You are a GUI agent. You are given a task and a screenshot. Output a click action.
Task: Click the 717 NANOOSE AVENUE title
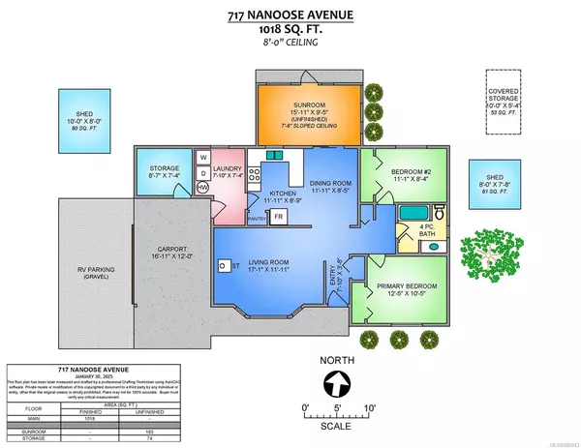290,13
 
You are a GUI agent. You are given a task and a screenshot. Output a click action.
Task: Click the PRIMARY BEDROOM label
400,284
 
